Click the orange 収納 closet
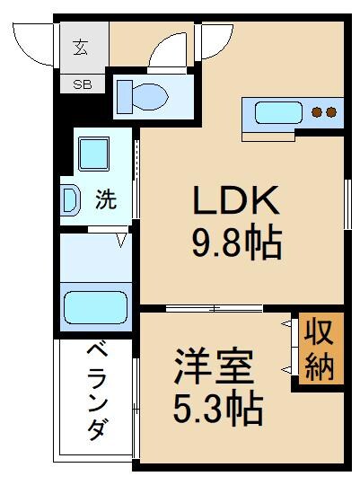(x=319, y=351)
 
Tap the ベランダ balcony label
(x=97, y=394)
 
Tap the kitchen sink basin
(x=278, y=113)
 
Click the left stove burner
(x=317, y=113)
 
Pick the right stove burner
(x=330, y=113)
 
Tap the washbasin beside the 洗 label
(x=69, y=200)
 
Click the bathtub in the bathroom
(x=95, y=304)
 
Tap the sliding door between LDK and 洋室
(x=215, y=309)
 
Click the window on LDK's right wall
(x=347, y=206)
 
